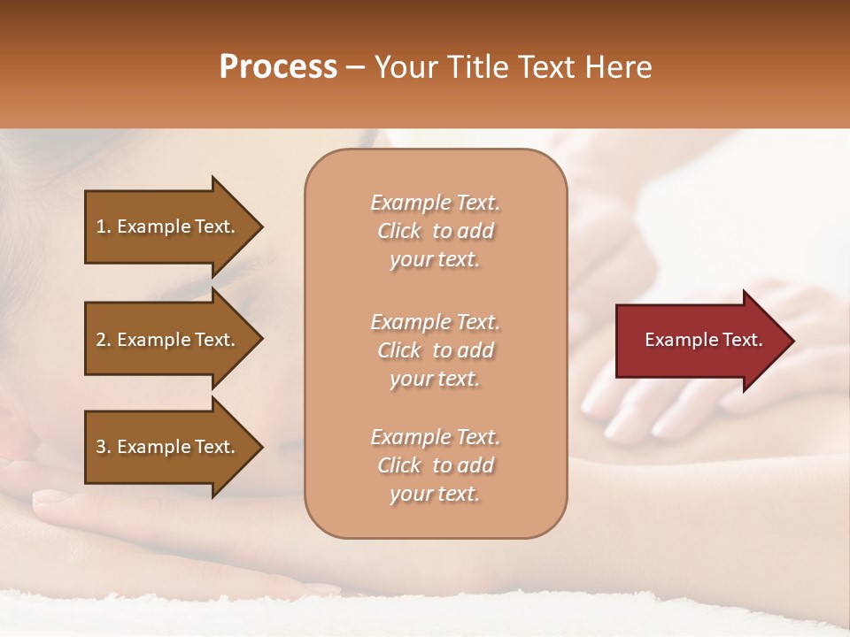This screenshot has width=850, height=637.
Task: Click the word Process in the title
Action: [278, 67]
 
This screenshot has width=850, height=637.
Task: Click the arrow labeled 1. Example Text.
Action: [168, 226]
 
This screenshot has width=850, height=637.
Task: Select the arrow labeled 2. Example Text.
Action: [168, 340]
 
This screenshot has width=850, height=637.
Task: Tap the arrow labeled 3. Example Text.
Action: [168, 447]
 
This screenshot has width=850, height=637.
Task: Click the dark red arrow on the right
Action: [699, 341]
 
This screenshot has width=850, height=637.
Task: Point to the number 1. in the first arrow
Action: [104, 226]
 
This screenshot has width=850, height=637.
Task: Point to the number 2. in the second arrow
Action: [104, 340]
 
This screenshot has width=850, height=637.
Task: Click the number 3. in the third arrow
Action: [104, 447]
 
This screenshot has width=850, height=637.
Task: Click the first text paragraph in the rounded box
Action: [435, 231]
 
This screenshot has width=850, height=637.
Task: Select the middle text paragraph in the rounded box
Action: [435, 350]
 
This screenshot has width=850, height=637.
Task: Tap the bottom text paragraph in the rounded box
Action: [435, 465]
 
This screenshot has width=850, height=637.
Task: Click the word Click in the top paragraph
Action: [399, 231]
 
